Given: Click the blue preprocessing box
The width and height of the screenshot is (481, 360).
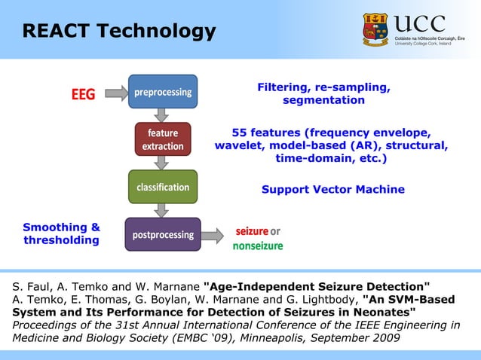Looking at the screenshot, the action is (x=163, y=92).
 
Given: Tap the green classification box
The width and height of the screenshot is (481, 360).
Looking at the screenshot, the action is (x=163, y=186).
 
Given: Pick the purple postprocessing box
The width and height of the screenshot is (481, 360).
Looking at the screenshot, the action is (x=163, y=234).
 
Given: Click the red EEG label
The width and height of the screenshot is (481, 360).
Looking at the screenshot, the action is (x=83, y=94).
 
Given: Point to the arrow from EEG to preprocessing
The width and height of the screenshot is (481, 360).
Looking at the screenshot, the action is (x=116, y=93).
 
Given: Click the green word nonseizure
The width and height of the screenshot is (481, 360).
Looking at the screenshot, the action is (x=258, y=246).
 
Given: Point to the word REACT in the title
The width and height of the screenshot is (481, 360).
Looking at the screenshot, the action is (x=52, y=31).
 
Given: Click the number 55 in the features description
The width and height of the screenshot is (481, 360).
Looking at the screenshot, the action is (x=241, y=131).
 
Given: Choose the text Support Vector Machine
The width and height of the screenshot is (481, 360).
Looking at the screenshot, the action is (x=332, y=189).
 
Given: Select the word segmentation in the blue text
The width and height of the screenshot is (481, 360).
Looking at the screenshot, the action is (x=323, y=100).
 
